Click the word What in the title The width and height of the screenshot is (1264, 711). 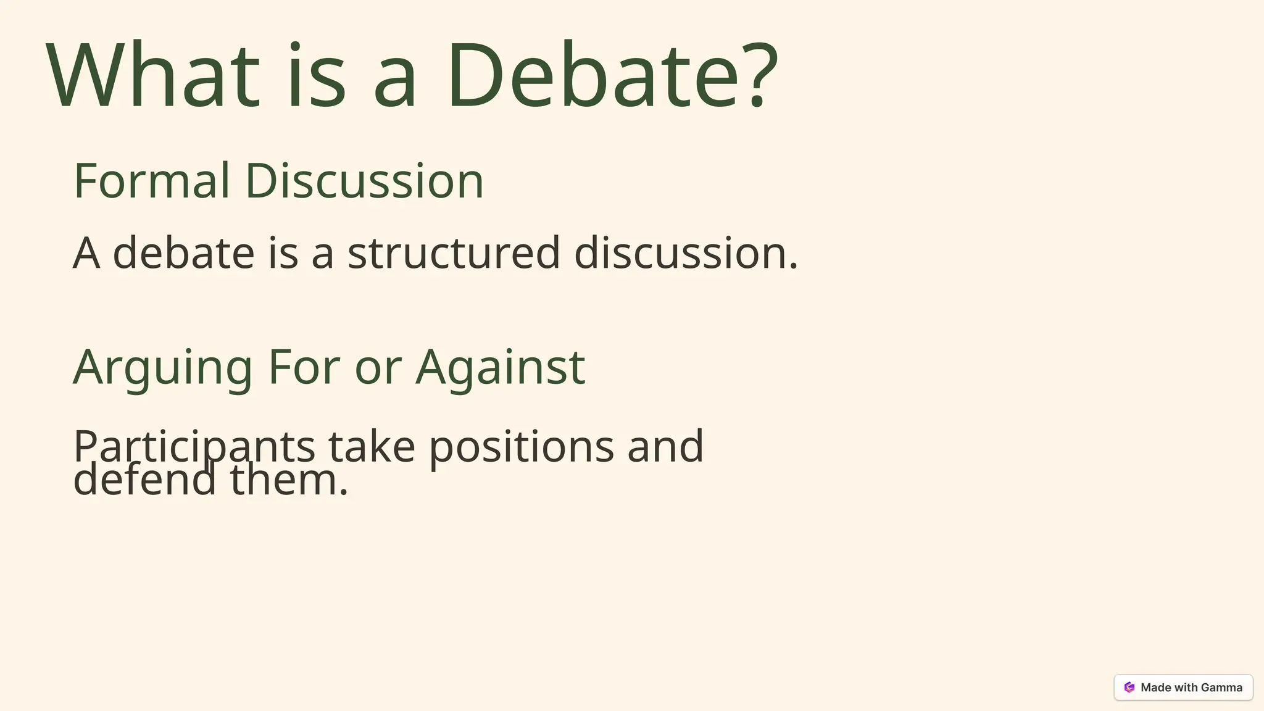point(153,75)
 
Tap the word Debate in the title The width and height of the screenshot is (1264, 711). point(593,75)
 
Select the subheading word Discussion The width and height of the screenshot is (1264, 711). point(364,181)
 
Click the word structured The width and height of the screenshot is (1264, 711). point(454,253)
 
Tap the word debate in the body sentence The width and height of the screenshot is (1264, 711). point(183,253)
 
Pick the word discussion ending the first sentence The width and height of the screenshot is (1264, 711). point(685,253)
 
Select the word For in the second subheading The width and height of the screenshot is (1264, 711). point(304,367)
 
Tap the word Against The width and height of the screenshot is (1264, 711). point(500,368)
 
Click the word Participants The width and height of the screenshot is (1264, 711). point(194,447)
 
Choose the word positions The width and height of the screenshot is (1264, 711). point(522,447)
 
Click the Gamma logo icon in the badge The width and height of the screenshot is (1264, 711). point(1129,688)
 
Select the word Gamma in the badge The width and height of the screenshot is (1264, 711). point(1221,688)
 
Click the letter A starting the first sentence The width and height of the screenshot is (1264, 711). point(86,253)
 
